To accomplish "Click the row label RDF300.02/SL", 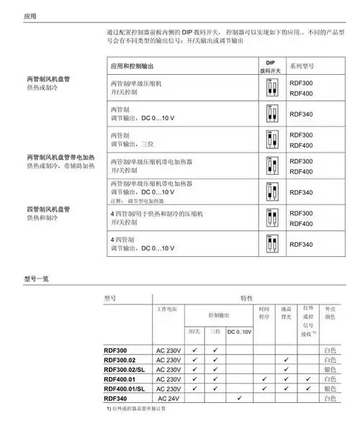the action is [124, 369].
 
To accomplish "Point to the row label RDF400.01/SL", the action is [124, 389].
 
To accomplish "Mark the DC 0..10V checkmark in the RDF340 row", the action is [239, 398].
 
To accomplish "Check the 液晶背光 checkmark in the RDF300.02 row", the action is [286, 359].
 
